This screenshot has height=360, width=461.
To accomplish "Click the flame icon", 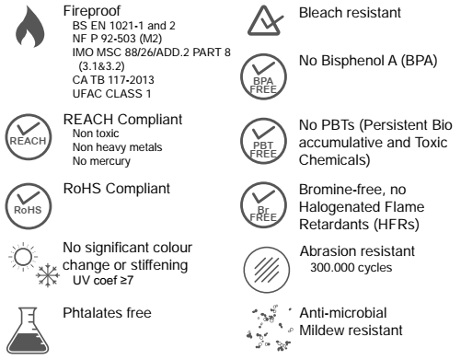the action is point(29,29).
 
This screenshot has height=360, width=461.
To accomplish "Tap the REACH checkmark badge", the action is point(29,136).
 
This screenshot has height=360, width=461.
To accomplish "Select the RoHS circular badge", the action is point(29,205).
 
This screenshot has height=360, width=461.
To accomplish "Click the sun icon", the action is point(23,257).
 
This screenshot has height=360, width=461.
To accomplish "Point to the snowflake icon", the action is point(48,275).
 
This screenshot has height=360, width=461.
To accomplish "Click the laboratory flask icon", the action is point(28,331).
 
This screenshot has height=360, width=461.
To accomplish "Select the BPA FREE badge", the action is point(263,76).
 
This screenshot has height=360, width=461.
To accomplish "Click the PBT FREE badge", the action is point(263,141).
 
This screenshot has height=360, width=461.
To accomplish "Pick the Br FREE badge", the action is point(263,205).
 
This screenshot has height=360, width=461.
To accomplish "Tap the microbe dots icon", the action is point(270,328).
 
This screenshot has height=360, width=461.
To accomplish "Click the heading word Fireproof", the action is point(92,11).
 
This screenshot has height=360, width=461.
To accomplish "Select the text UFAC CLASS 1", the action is point(111,94).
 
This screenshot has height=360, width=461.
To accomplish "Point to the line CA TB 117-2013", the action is point(113,80).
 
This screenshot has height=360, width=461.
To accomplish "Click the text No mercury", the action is point(101,161).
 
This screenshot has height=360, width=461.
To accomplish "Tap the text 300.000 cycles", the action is point(351,268).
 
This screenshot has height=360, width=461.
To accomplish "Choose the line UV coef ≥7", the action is point(103,280).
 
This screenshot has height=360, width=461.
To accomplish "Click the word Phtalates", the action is point(88,313).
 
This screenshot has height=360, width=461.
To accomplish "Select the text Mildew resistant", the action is point(351,331).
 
